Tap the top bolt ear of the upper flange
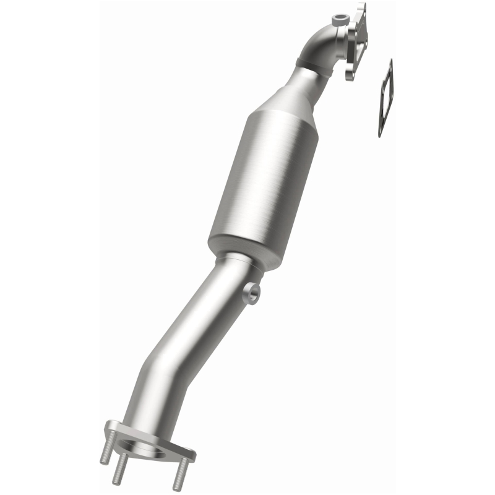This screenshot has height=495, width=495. click(361, 9)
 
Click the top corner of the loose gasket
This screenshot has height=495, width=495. click(390, 62)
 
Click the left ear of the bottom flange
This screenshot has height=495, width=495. click(112, 427)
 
